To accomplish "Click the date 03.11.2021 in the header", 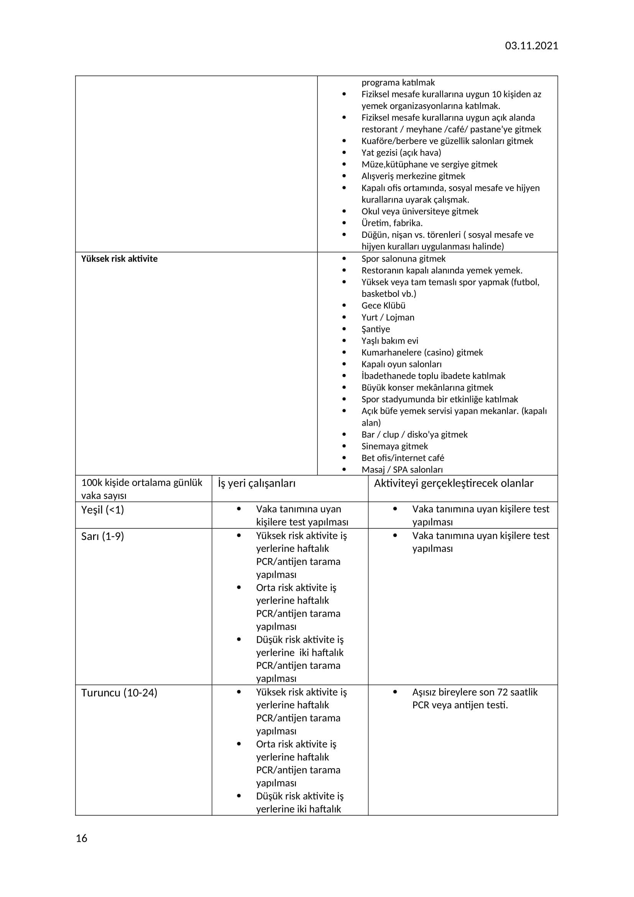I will (531, 46).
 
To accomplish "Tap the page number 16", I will (81, 838).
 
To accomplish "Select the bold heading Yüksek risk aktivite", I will (119, 258).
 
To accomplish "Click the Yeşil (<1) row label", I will (102, 509).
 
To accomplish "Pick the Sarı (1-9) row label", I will (102, 536).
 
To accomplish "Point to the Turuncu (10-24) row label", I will (119, 693).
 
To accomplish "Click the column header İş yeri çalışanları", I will (256, 483).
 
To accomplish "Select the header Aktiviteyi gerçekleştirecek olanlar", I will (453, 483).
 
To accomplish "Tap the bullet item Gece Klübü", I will (383, 306).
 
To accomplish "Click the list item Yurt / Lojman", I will (388, 317).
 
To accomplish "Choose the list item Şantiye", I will (375, 329).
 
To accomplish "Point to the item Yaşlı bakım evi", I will (389, 341).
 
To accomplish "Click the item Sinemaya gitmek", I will (394, 446).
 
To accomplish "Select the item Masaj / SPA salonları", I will (402, 470).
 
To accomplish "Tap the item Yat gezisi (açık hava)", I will (401, 153).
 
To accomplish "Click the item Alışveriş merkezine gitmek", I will (413, 176).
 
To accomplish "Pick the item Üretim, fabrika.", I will (392, 223).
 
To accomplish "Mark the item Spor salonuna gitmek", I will (403, 258).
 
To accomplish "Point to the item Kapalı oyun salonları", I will (401, 364).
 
